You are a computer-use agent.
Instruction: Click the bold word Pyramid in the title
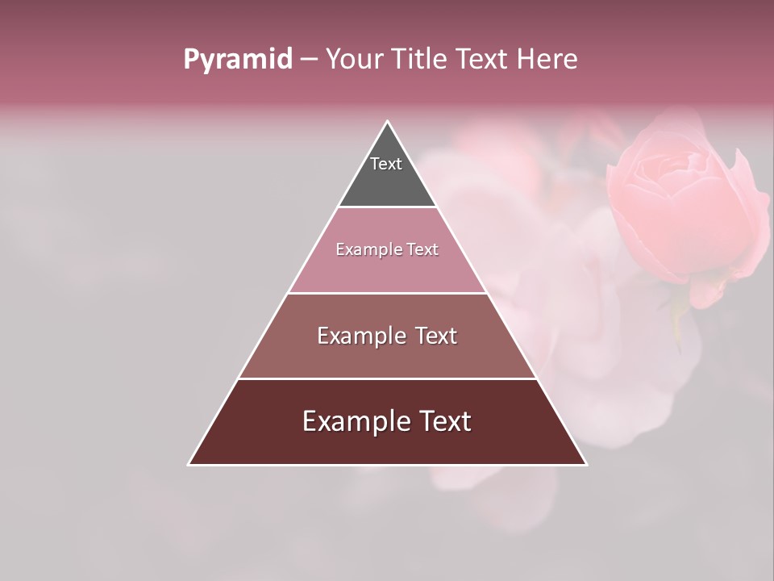pos(237,60)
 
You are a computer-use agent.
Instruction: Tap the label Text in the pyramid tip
pos(386,164)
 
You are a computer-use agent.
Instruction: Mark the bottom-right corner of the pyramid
pos(586,464)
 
